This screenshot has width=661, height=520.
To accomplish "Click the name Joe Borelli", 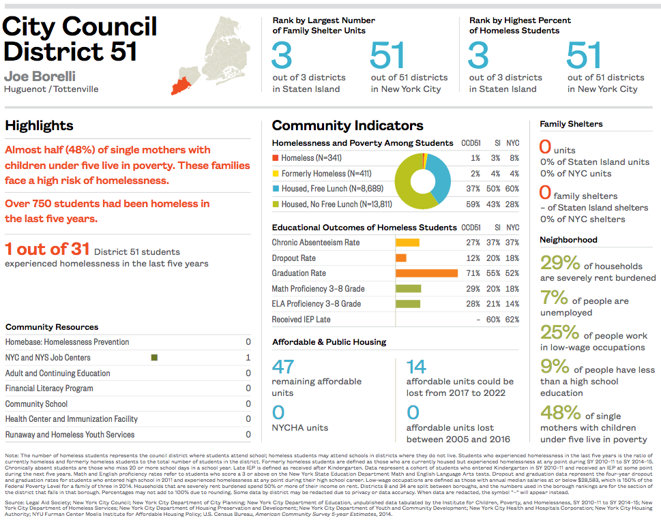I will [x=40, y=76].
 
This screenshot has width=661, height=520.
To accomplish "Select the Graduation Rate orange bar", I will [x=426, y=273].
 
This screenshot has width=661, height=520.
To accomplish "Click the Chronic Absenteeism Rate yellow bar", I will [x=407, y=243].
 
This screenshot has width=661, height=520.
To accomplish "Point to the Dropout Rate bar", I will [x=401, y=258].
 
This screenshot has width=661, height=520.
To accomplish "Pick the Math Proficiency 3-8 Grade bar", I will [x=408, y=289].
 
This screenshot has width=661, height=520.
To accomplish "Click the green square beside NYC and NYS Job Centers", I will [x=155, y=358].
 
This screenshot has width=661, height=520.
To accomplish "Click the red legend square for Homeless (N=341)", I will [x=276, y=158].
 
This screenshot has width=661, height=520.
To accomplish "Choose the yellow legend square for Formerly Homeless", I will [x=276, y=174].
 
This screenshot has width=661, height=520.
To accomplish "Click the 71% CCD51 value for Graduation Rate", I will [x=473, y=273].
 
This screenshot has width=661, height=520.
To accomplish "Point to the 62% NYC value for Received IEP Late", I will [x=512, y=320].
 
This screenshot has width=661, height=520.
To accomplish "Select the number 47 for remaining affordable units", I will [x=282, y=367].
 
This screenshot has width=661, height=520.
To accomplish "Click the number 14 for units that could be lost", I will [x=416, y=367].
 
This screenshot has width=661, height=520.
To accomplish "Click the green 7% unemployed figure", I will [x=554, y=298].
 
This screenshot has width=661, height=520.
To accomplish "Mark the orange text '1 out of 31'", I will [x=46, y=249].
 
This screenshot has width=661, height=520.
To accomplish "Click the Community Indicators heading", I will [x=347, y=125].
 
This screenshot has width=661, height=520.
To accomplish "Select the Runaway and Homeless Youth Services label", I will [x=70, y=435].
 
